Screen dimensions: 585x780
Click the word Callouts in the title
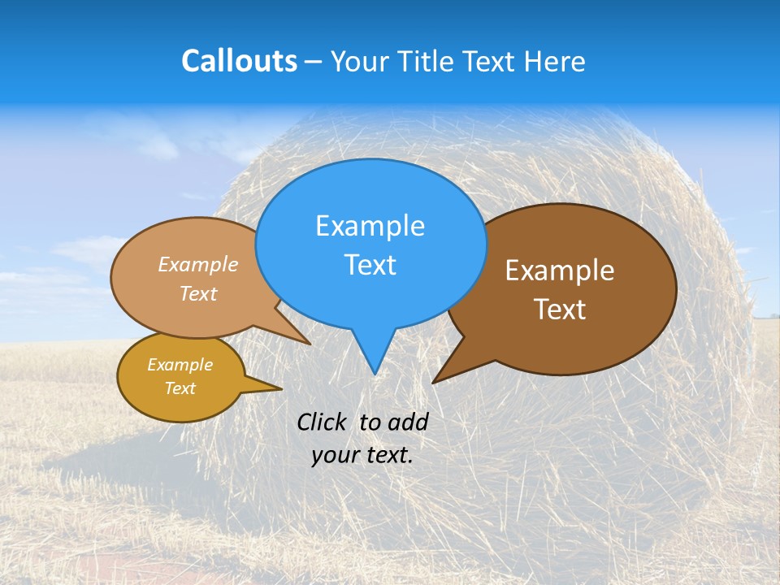239,61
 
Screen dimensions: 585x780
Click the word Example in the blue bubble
370,226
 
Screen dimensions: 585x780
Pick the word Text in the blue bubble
370,265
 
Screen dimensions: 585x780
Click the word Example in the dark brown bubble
560,271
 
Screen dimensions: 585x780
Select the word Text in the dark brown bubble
560,310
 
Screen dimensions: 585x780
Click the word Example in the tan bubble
198,265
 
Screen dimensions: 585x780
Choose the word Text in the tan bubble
198,294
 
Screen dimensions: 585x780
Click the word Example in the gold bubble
180,365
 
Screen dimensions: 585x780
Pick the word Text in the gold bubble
180,388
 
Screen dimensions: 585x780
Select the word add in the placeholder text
407,422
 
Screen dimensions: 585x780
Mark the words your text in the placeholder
362,455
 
